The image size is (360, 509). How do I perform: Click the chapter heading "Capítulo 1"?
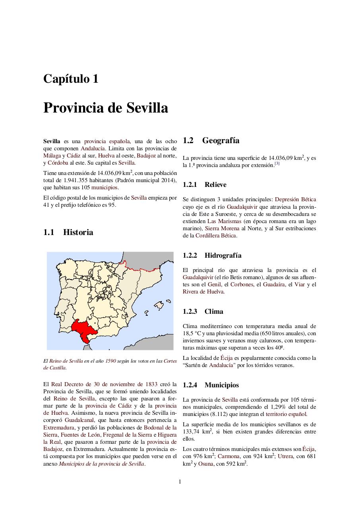point(71,79)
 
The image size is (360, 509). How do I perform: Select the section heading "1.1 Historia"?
point(68,232)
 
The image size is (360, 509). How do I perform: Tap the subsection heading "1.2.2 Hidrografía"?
point(212,255)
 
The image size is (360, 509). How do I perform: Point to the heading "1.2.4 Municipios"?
point(211,385)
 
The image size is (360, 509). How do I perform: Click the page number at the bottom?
point(180,482)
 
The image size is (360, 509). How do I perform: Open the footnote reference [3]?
point(277,163)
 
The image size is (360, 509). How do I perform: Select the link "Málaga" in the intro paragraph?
point(52,155)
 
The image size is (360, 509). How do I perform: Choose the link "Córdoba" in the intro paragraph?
point(58,163)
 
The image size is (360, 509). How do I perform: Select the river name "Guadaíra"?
point(273,284)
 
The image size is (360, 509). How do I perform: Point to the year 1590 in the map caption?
point(110,361)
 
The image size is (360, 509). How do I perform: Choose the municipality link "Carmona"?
point(228,456)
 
